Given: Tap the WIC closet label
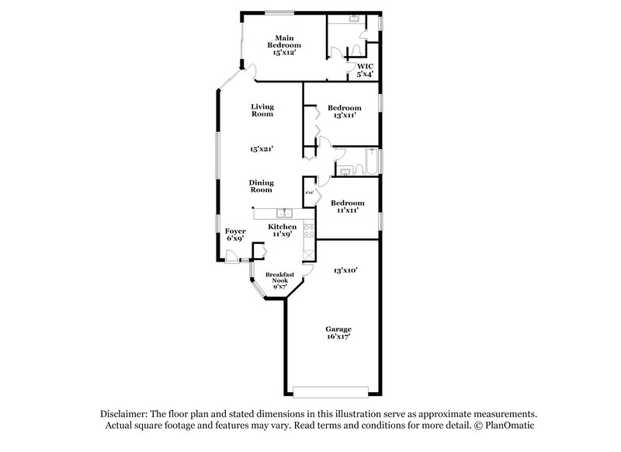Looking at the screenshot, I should (365, 71).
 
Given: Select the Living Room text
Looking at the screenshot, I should (262, 110).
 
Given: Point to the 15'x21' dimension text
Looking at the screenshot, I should (262, 148).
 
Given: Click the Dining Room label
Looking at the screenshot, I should (261, 186).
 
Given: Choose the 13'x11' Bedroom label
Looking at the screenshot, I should (344, 111).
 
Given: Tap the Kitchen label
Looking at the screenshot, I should (283, 230).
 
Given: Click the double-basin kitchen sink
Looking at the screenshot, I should (284, 213).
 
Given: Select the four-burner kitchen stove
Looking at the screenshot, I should (308, 231).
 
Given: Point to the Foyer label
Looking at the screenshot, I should (235, 235).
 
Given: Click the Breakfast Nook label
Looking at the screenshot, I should (279, 280).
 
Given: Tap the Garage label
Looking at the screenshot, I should (338, 332).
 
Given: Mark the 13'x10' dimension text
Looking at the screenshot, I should (345, 270).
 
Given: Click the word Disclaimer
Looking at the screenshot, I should (125, 415).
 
